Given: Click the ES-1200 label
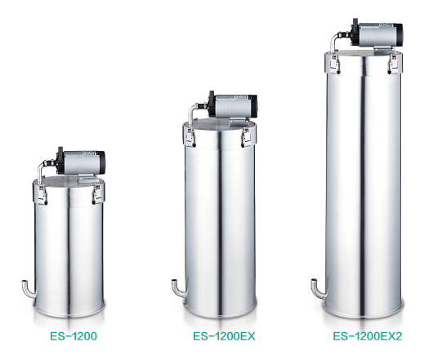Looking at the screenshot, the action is pyautogui.click(x=74, y=336).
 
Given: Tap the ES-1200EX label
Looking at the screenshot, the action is pyautogui.click(x=224, y=336).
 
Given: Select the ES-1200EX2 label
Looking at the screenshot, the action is pyautogui.click(x=368, y=336).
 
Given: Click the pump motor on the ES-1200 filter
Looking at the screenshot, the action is pyautogui.click(x=81, y=162).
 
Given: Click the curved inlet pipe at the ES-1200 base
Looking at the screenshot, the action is pyautogui.click(x=29, y=290).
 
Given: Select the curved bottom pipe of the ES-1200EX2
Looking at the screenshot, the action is pyautogui.click(x=318, y=289).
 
